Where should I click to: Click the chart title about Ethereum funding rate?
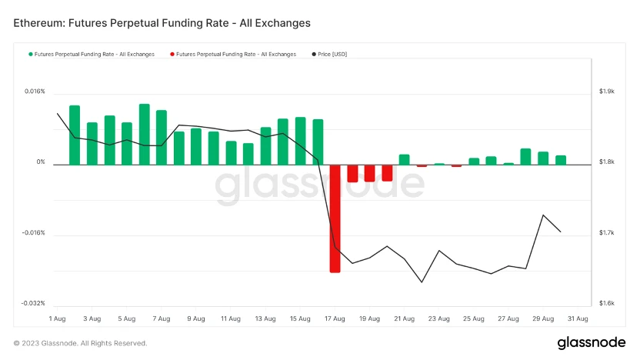(162, 23)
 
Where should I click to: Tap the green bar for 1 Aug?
(75, 135)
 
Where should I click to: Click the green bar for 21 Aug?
(404, 159)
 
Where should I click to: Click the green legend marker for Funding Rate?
(31, 55)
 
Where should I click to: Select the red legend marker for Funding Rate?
(172, 55)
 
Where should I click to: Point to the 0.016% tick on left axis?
(35, 92)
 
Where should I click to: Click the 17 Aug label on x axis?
(335, 318)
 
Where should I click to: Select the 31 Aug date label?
(578, 318)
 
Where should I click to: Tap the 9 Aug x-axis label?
(195, 318)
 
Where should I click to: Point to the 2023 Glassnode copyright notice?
(80, 343)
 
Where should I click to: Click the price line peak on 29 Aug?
(543, 215)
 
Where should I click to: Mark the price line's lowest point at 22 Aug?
(422, 282)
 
